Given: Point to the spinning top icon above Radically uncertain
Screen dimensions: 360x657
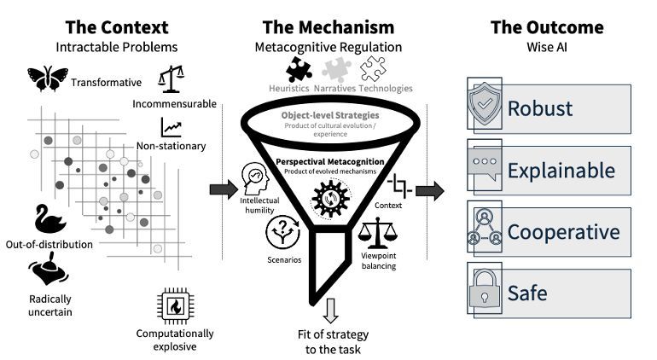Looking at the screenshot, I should click(x=49, y=275).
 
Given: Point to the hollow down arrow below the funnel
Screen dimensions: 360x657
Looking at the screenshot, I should click(x=330, y=306).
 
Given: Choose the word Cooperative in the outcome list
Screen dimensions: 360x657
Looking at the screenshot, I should click(x=563, y=232).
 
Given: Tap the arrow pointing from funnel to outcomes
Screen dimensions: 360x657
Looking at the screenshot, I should click(x=429, y=190).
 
